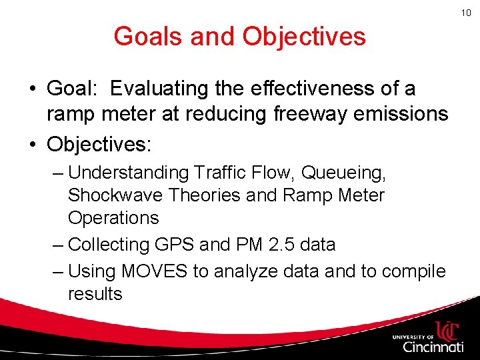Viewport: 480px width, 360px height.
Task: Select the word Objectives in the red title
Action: pyautogui.click(x=304, y=36)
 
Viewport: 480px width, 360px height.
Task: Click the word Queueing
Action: pyautogui.click(x=343, y=172)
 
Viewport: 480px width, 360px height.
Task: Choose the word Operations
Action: pyautogui.click(x=113, y=218)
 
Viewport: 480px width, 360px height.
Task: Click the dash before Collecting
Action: pyautogui.click(x=57, y=245)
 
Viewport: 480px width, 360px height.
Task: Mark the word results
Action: pyautogui.click(x=95, y=294)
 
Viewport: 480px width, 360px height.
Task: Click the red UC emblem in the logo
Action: pyautogui.click(x=446, y=331)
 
